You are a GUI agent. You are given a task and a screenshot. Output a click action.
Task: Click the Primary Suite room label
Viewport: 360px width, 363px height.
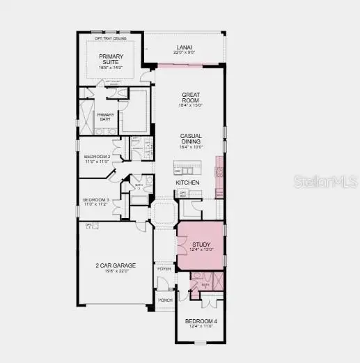click(109, 59)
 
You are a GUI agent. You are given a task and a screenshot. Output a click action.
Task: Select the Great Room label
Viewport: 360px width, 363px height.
click(191, 98)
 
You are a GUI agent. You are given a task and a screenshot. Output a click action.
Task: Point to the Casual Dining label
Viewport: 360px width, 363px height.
click(191, 139)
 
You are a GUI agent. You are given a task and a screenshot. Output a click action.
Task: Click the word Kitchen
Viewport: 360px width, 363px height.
click(187, 183)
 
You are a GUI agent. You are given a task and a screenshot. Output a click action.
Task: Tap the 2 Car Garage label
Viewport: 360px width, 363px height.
click(115, 265)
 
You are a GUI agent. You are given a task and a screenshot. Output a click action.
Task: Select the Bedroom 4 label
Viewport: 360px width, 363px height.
click(200, 321)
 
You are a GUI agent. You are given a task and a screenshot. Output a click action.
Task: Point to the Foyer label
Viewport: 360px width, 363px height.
click(164, 268)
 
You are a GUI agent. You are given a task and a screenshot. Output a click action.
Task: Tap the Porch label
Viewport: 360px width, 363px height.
click(165, 300)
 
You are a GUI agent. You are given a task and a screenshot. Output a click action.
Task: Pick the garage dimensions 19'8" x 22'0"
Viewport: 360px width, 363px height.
click(115, 271)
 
